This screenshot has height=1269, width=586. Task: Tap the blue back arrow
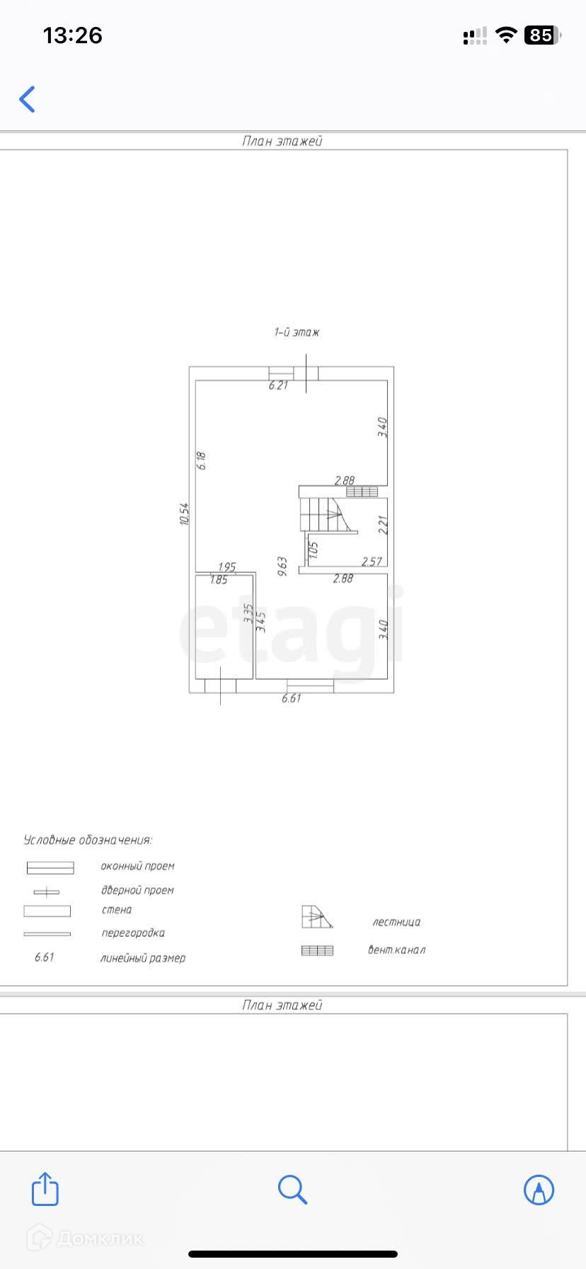(28, 99)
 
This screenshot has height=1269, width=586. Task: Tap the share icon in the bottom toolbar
(45, 1189)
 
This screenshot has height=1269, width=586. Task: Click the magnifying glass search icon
(292, 1189)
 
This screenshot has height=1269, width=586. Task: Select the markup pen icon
(539, 1189)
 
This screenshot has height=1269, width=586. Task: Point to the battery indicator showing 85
(542, 35)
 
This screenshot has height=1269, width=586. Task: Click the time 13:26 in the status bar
(73, 35)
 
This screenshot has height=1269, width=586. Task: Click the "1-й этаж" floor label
(297, 332)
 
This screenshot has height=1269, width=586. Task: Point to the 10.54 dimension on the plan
(185, 514)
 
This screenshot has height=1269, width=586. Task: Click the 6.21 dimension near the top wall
(278, 386)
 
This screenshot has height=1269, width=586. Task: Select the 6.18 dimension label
(202, 461)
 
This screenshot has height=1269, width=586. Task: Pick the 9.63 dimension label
(282, 567)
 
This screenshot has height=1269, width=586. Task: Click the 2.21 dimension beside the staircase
(384, 525)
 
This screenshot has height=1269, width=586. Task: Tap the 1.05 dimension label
(314, 550)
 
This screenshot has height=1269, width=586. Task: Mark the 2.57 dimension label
(372, 562)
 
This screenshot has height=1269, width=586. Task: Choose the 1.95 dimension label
(226, 567)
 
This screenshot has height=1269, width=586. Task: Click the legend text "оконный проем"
(137, 866)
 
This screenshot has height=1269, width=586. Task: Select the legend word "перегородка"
(133, 933)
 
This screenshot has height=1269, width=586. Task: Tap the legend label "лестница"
(396, 922)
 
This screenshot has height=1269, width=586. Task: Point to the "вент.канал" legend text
(396, 950)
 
